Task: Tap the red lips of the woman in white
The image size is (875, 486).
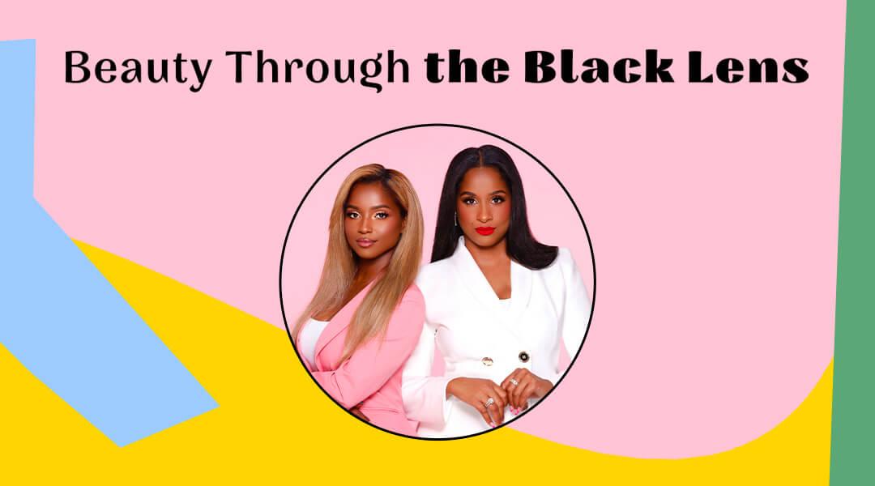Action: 485,231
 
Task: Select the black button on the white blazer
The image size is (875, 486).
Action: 523,356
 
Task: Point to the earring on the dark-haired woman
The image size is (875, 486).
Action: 456,219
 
